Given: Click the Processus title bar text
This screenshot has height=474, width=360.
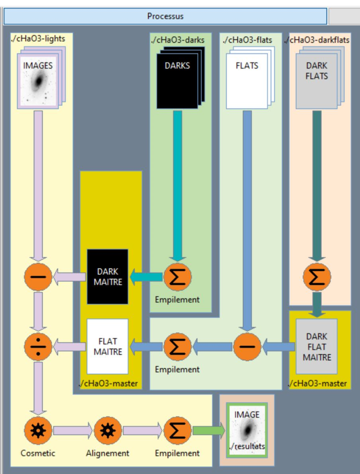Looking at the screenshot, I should (165, 16).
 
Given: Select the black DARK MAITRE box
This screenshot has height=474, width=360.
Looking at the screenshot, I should (108, 277).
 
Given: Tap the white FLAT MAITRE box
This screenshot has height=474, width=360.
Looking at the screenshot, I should (108, 346).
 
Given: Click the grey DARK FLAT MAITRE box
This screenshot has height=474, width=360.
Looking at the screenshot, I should (316, 347).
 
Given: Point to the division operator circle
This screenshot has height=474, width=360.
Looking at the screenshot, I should (38, 346).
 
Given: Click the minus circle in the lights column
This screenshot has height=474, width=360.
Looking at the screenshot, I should (38, 277).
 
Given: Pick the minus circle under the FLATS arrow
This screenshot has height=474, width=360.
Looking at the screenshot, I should (246, 346).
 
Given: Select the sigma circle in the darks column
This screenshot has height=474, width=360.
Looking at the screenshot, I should (178, 277).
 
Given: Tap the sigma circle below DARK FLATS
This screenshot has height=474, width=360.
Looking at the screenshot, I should (316, 277).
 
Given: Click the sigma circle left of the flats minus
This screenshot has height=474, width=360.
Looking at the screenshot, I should (178, 346).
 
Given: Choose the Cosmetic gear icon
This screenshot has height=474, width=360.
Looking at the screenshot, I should (38, 430).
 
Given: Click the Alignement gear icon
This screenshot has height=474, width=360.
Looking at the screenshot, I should (108, 430).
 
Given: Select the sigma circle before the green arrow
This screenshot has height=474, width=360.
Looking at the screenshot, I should (178, 430).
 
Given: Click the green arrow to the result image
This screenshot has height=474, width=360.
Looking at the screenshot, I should (208, 430).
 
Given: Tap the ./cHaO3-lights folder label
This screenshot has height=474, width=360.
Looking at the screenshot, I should (38, 39).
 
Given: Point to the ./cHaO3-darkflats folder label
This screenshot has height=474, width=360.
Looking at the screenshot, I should (317, 40).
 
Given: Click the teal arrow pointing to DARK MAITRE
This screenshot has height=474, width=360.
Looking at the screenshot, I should (146, 277).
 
